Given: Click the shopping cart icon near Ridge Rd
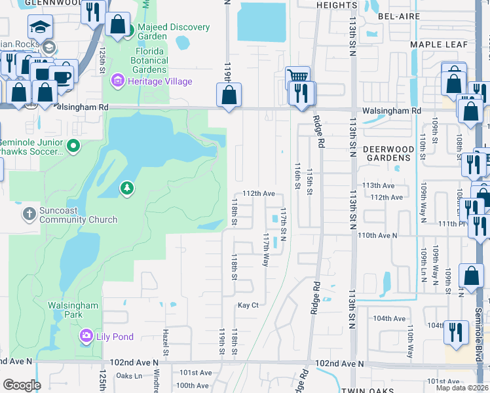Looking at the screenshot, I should [297, 75].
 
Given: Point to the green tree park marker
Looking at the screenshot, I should [126, 189].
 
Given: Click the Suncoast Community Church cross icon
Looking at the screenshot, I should [29, 214].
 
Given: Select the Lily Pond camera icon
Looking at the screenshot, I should [86, 337].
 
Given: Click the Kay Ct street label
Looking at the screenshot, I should [248, 305].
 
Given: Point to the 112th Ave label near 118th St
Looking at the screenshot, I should [258, 194].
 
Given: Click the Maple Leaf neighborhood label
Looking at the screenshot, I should [439, 44].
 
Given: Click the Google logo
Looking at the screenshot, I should [22, 385].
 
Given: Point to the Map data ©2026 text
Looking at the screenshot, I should [462, 388].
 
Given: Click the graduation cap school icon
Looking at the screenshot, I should [40, 27].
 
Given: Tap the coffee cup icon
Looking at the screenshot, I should [62, 77].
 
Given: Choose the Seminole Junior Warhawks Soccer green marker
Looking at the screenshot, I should [73, 145].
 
